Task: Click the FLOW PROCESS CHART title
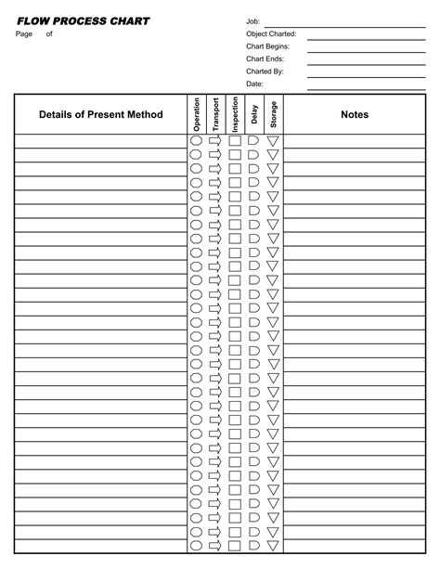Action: [x=83, y=20]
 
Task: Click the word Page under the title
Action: [x=24, y=34]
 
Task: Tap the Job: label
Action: [x=252, y=20]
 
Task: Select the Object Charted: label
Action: [x=271, y=33]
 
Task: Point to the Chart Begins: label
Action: [x=267, y=45]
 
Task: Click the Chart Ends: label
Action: [x=265, y=58]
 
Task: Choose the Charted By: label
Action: [x=265, y=71]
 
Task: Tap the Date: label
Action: [x=254, y=84]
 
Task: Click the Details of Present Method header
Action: [x=101, y=114]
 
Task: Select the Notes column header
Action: [x=355, y=114]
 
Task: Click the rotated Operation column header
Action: [x=197, y=113]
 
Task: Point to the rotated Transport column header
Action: [x=215, y=113]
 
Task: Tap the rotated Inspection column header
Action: [x=235, y=113]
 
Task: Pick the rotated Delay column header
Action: [x=253, y=113]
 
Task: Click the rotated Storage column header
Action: [x=273, y=113]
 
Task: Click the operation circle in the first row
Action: [x=196, y=141]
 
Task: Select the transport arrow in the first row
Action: [x=215, y=141]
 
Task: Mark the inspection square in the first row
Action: [x=234, y=141]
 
